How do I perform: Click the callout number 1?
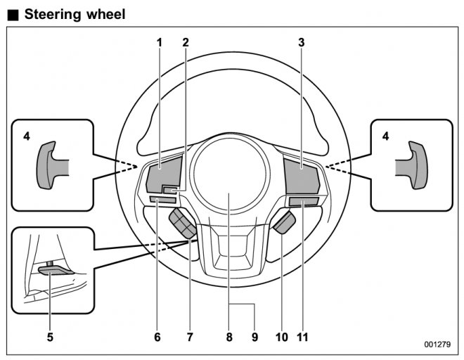[x=160, y=42]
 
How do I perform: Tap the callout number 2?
[x=186, y=42]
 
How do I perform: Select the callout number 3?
[x=301, y=42]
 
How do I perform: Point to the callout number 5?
[x=50, y=337]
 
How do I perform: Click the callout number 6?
[x=157, y=337]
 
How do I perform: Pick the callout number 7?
[x=189, y=337]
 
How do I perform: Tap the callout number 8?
[x=229, y=337]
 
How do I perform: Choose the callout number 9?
[x=254, y=337]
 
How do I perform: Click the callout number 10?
[x=281, y=337]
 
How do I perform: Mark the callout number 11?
[x=303, y=337]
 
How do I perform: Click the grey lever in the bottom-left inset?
[x=53, y=270]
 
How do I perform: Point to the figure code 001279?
[x=437, y=345]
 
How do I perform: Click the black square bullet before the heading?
[x=13, y=14]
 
